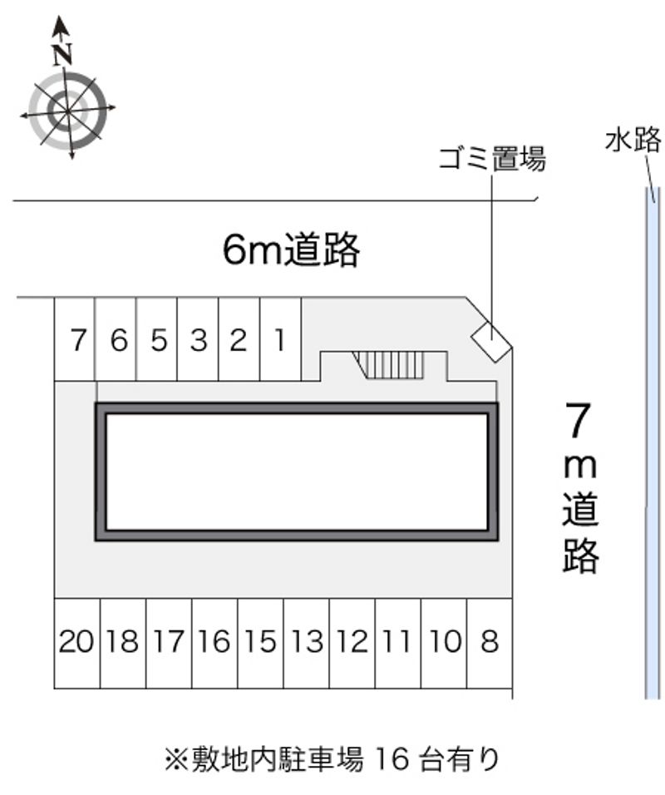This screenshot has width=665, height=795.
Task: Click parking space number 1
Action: (280, 339)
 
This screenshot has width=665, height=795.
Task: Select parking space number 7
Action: (75, 339)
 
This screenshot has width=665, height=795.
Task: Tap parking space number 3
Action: (198, 339)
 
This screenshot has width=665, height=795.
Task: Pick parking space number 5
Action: (156, 339)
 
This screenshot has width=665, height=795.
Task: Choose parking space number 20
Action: (77, 644)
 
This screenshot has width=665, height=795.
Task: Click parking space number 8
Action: (490, 644)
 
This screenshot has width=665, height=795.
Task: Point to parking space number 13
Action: (307, 644)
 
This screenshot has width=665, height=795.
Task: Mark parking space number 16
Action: (215, 644)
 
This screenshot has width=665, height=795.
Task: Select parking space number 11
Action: (398, 644)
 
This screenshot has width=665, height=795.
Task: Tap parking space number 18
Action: (123, 644)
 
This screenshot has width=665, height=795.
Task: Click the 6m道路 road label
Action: (292, 249)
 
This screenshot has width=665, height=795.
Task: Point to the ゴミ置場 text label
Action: (492, 159)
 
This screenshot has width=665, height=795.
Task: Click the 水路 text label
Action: (633, 140)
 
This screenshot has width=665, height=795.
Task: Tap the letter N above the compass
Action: (62, 55)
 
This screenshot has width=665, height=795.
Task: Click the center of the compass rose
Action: (67, 111)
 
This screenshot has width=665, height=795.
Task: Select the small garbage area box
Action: (490, 342)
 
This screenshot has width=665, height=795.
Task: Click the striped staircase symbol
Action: (388, 365)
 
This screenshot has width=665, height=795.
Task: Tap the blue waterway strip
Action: (653, 442)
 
